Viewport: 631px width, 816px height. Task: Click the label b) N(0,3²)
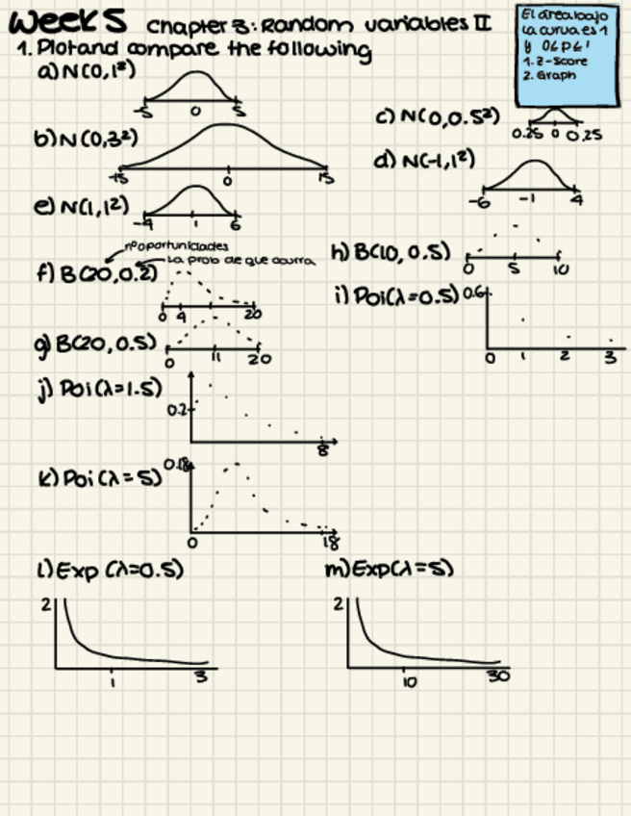pos(86,140)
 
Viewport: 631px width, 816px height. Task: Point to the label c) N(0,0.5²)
pos(438,116)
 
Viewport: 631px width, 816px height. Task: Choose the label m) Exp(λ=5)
pos(390,569)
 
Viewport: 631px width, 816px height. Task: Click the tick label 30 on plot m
pos(497,676)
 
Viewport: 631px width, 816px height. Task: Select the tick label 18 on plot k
pos(330,543)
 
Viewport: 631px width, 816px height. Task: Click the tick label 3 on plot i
pos(610,357)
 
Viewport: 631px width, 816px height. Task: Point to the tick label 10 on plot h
pos(561,270)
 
